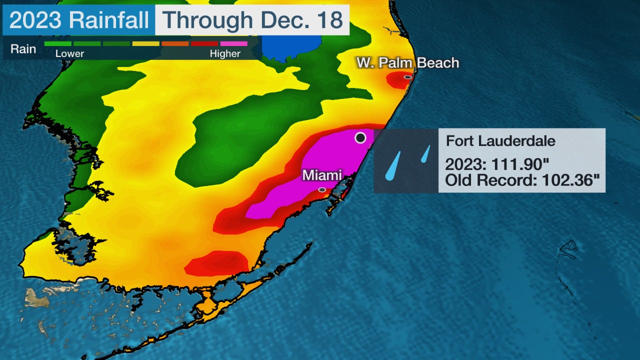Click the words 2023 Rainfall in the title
click(79, 20)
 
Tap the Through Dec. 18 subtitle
click(252, 20)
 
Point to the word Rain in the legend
click(23, 49)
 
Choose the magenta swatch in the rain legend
click(233, 44)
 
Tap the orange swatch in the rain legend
click(175, 44)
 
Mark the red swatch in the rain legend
click(204, 44)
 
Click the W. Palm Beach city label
click(407, 63)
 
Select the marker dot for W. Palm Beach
click(407, 77)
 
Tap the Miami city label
click(322, 175)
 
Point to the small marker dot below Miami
click(322, 190)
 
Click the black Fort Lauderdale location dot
click(360, 137)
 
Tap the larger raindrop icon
click(393, 166)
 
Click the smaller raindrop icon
click(426, 153)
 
